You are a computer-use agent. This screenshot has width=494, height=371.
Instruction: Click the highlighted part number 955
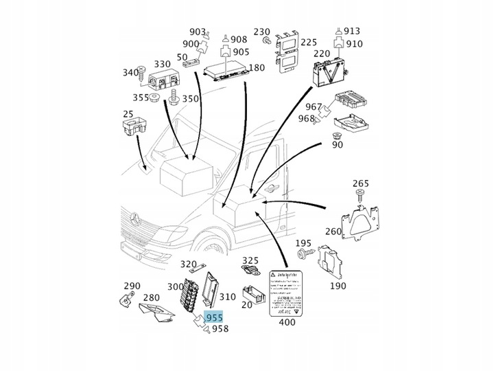(x=215, y=318)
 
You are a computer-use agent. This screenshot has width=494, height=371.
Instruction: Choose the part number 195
(x=303, y=243)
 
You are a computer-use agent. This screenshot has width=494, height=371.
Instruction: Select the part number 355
(x=141, y=98)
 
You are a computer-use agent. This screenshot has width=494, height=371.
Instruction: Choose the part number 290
(x=132, y=286)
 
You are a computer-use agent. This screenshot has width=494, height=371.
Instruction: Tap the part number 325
(x=250, y=260)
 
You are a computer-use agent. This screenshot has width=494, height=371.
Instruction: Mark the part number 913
(x=353, y=31)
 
